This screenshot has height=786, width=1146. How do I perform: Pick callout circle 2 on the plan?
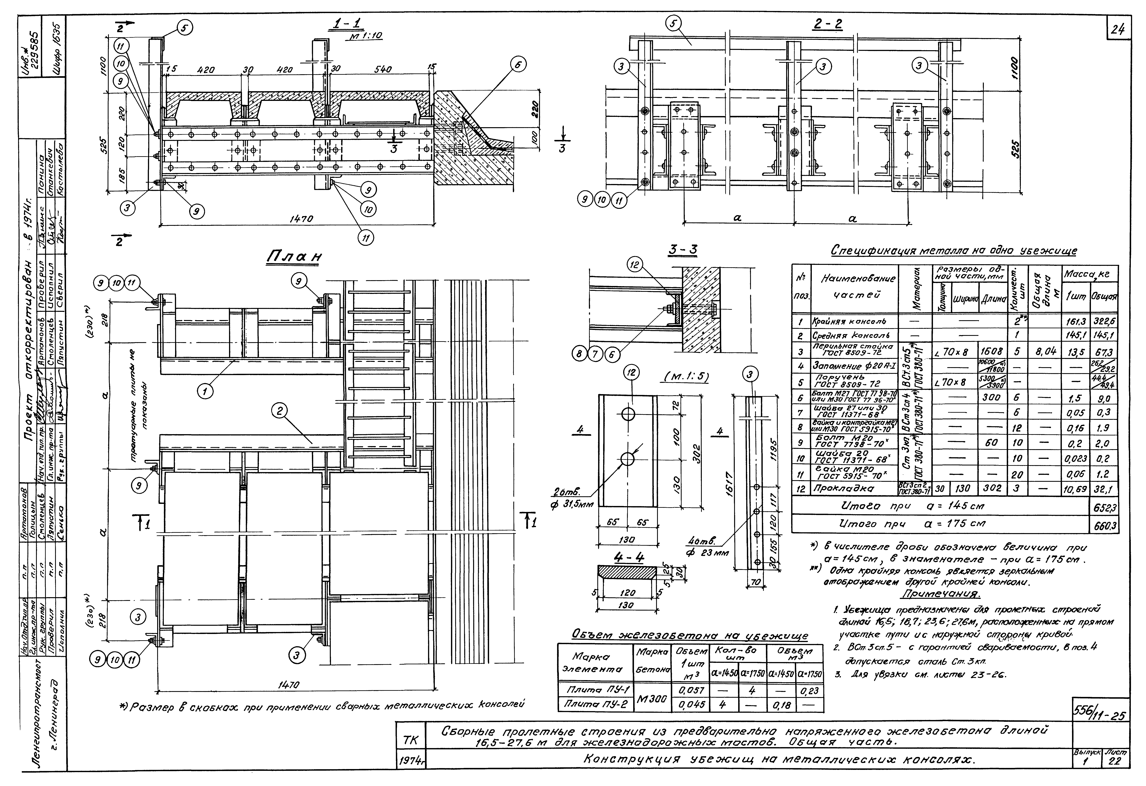point(280,411)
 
